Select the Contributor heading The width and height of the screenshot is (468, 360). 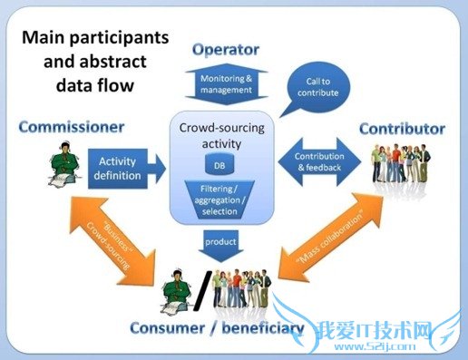pos(400,128)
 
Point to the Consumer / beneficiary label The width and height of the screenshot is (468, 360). pos(215,327)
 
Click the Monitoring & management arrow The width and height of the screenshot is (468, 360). pos(227,85)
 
